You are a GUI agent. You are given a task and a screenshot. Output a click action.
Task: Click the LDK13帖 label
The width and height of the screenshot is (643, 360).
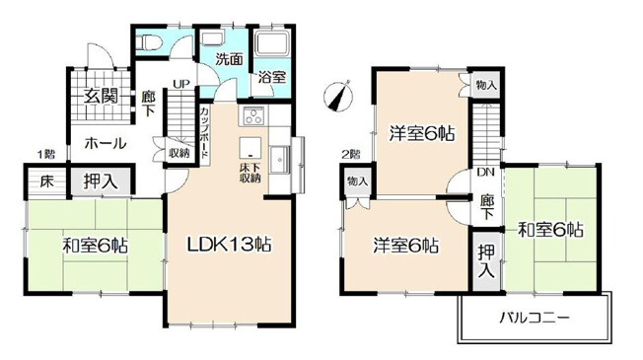pyautogui.click(x=232, y=244)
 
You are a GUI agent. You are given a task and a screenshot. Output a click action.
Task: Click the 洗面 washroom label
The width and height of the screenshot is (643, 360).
pyautogui.click(x=230, y=58)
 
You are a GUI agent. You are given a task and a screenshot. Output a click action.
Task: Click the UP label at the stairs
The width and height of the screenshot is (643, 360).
pyautogui.click(x=182, y=84)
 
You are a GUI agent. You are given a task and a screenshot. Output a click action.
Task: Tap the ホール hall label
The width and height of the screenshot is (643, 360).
pyautogui.click(x=104, y=144)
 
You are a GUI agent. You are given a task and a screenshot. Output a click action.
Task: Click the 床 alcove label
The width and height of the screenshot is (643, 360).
pyautogui.click(x=46, y=181)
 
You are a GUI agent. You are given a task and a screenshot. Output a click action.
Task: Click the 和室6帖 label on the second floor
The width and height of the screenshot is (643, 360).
pyautogui.click(x=550, y=231)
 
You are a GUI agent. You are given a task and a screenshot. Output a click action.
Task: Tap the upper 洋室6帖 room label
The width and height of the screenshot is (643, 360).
pyautogui.click(x=421, y=133)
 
